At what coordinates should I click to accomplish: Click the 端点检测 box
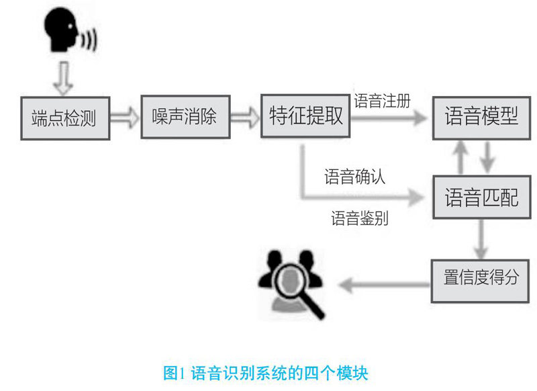(x=64, y=118)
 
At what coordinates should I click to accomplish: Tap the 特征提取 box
(x=305, y=116)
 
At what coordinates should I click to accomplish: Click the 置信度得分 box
(x=481, y=277)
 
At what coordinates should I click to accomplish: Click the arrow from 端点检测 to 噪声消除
(x=124, y=118)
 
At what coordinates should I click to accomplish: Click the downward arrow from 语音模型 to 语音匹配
(x=489, y=159)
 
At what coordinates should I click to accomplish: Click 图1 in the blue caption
(x=175, y=371)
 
